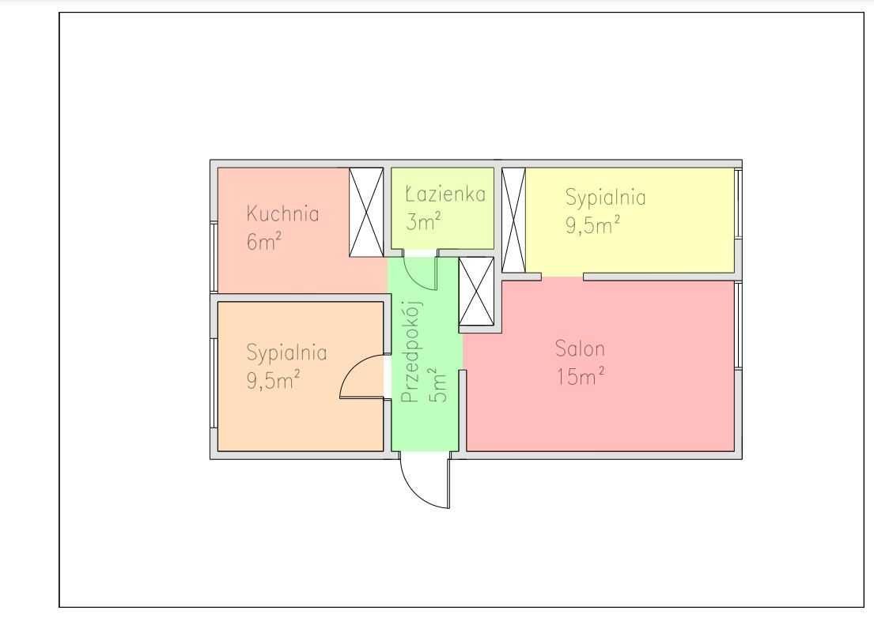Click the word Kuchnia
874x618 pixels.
[282, 214]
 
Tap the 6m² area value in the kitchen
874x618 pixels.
[263, 240]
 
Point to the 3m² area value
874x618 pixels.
[423, 221]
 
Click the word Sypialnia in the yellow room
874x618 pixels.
[605, 198]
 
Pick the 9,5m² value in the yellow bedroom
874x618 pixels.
[592, 224]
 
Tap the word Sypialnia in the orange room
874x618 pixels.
[286, 353]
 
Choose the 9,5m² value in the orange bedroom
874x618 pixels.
[274, 380]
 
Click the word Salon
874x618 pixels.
[580, 349]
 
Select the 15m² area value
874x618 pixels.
[581, 376]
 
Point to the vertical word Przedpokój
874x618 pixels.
[412, 352]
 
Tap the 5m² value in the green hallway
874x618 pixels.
[438, 384]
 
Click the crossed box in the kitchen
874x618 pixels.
[366, 212]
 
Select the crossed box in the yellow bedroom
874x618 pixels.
[513, 220]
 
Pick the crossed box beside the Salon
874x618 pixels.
[476, 292]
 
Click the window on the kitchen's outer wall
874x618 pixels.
[214, 257]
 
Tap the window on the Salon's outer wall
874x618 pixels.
[738, 325]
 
